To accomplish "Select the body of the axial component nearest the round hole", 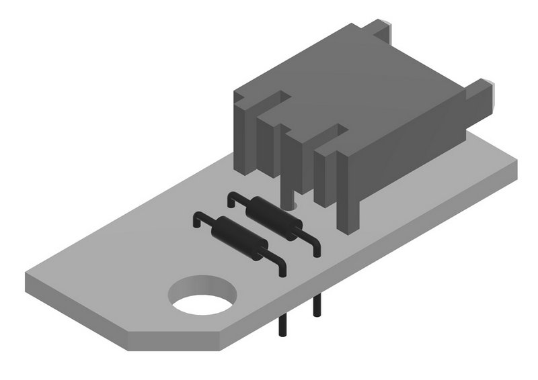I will click(239, 238).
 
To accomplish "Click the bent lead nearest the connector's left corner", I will click(232, 199).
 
